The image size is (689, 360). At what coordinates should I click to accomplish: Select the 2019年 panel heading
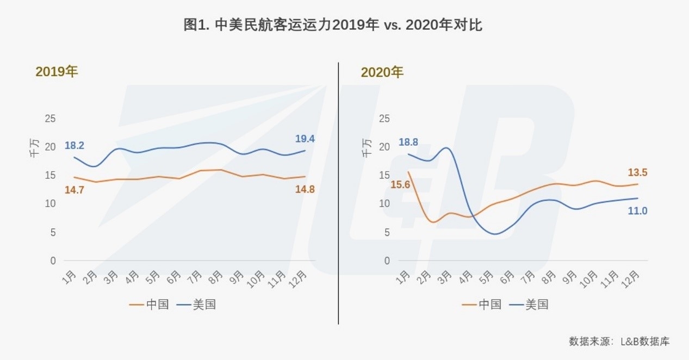coord(57,72)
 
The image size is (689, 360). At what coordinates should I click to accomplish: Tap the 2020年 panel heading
coord(382,72)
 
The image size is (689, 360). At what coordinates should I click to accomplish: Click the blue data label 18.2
coord(75,146)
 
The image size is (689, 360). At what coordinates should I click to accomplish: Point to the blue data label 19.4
coord(305,139)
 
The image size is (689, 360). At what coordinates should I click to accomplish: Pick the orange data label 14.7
coord(75,190)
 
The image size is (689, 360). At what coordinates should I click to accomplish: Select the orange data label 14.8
coord(305,190)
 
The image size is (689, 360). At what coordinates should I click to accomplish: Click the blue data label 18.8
coord(408,142)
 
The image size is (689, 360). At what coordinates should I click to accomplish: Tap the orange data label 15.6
coord(400,185)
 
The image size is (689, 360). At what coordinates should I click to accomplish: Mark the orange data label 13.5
coord(637,173)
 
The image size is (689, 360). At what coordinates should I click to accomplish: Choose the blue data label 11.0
coord(637,211)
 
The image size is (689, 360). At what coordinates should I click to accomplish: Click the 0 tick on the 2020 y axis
coord(387,261)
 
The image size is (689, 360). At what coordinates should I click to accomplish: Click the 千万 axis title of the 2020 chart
coord(368,147)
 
